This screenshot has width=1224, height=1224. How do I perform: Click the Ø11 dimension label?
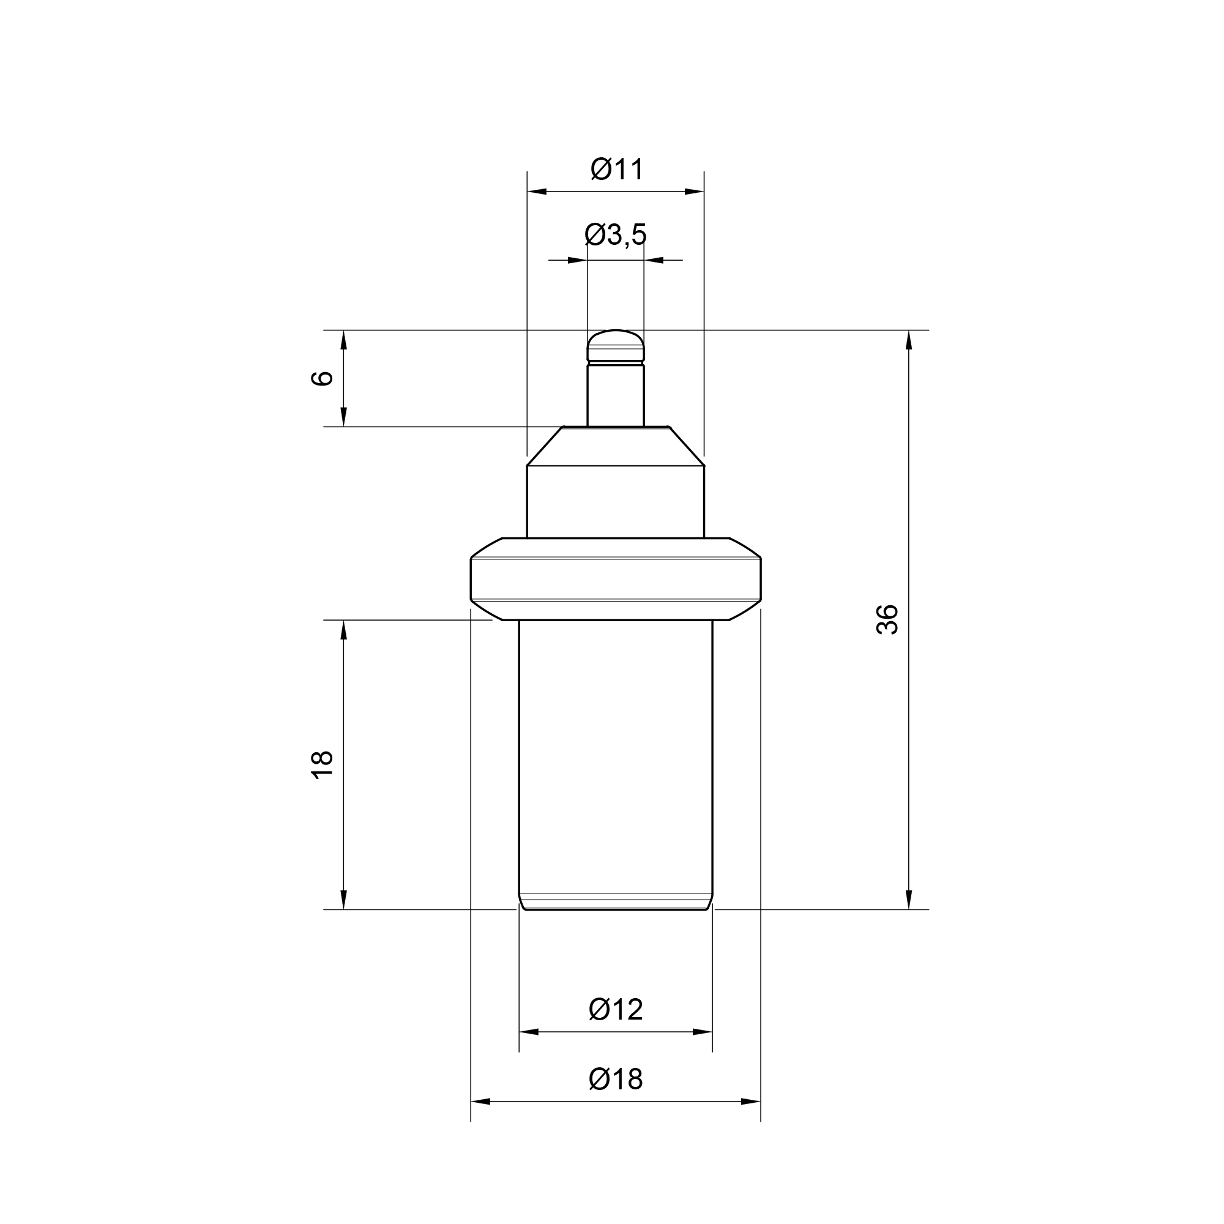[x=617, y=169]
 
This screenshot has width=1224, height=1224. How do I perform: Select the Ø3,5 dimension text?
[x=615, y=234]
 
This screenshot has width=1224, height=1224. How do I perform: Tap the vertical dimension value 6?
[x=323, y=378]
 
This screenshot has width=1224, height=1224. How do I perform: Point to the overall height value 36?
[x=887, y=619]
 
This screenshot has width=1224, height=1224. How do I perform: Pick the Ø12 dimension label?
[x=616, y=1009]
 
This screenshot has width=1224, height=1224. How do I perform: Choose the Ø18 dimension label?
[x=616, y=1079]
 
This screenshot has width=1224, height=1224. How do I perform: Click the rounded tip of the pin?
[x=616, y=345]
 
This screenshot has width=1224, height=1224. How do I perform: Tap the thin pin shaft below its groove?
[x=616, y=395]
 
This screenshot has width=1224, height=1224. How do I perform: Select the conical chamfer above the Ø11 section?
[x=616, y=446]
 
